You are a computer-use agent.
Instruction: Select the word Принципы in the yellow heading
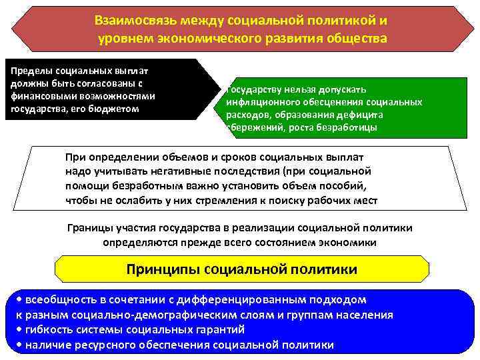(163, 270)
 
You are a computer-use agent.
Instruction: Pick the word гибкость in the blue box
(47, 329)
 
